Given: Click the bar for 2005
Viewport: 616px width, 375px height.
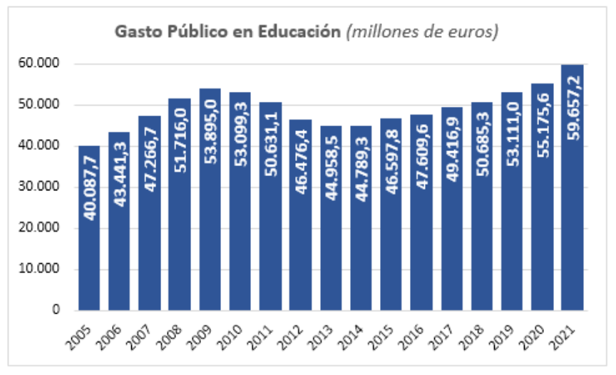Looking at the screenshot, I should tap(89, 228).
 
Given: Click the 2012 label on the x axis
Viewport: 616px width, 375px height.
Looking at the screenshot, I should tap(294, 332).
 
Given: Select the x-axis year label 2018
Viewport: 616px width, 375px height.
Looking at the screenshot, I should tap(475, 332).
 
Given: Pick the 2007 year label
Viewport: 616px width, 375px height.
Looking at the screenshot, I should tap(143, 332).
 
